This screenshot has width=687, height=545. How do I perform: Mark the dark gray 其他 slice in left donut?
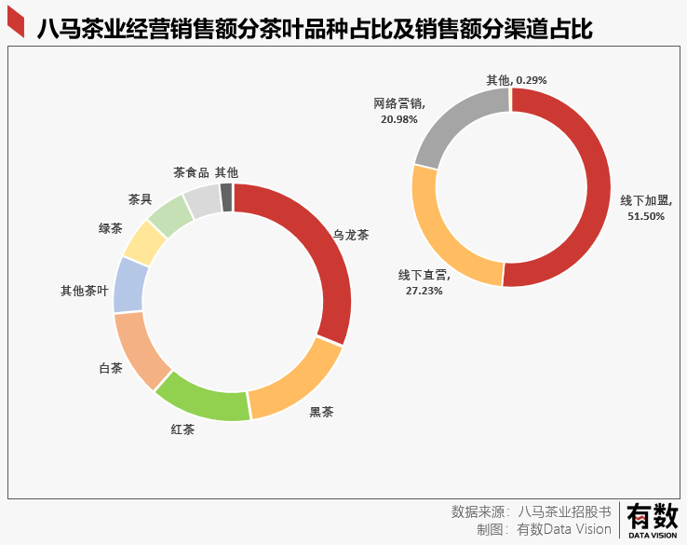click(x=226, y=198)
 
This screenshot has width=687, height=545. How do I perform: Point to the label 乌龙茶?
click(x=351, y=235)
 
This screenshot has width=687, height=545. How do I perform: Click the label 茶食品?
click(x=191, y=172)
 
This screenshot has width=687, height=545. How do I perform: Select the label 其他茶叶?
click(x=85, y=291)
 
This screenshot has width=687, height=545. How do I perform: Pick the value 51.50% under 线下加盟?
click(x=646, y=216)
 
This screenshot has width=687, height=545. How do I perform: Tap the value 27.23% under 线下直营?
click(x=424, y=291)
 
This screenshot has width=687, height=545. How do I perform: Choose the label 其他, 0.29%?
click(x=517, y=80)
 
